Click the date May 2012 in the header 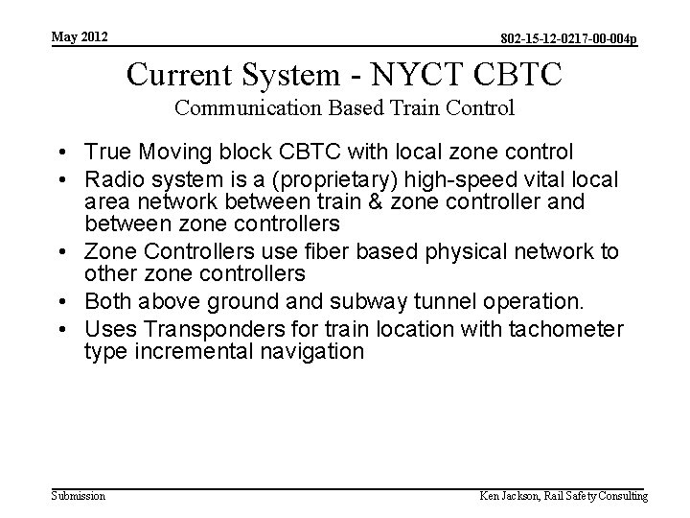80,37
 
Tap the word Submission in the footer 78,496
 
